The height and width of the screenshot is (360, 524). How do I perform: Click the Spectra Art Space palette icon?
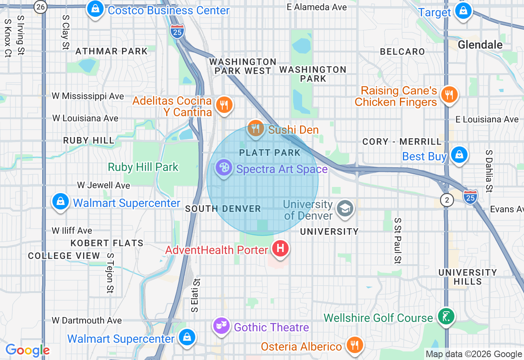(224, 168)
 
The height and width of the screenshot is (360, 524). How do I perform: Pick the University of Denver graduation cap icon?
(345, 209)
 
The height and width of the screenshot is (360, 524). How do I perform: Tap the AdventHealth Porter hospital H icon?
(280, 248)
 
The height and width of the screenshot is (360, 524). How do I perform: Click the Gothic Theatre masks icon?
(221, 326)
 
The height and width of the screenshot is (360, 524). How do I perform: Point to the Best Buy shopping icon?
(459, 155)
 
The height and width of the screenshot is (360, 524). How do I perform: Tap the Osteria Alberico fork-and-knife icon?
(354, 345)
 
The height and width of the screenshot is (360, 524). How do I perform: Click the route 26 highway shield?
(41, 7)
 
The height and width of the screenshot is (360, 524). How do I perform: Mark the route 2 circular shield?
(447, 200)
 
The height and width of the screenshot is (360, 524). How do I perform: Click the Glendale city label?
(480, 45)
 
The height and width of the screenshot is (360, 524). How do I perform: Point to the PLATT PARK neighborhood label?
(270, 153)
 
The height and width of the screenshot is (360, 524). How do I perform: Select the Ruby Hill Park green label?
(143, 167)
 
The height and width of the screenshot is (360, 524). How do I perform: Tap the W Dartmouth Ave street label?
(87, 320)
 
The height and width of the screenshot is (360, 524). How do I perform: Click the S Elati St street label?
(196, 295)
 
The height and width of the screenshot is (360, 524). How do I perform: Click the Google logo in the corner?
(27, 350)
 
